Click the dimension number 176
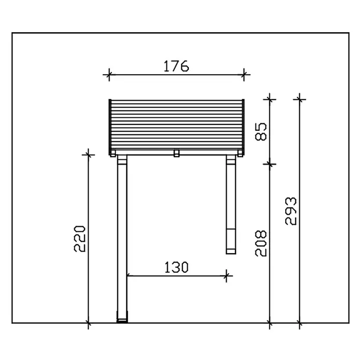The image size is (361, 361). tap(176, 66)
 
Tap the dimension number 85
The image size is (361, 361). tap(261, 132)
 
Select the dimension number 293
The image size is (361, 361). tap(291, 211)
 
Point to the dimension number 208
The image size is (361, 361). tap(261, 243)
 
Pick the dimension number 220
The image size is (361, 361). tap(80, 239)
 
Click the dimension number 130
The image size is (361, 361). tap(176, 267)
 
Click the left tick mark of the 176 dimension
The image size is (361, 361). tap(109, 75)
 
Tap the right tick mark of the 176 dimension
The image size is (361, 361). tap(244, 75)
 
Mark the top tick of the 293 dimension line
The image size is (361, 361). tap(299, 100)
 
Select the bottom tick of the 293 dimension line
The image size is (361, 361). tap(299, 323)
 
